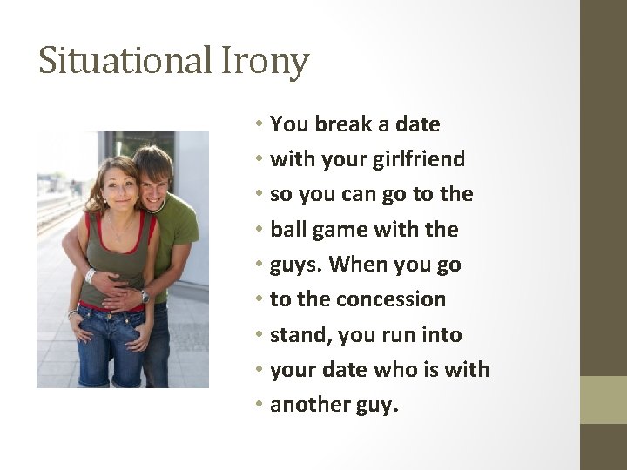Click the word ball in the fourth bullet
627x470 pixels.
click(x=287, y=230)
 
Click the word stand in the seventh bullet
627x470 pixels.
click(x=294, y=335)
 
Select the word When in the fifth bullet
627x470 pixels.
click(x=357, y=265)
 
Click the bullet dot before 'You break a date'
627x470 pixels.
click(x=260, y=124)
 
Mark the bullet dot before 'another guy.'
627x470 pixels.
click(x=260, y=405)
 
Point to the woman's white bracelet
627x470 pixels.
click(x=89, y=275)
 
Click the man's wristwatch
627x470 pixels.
click(x=145, y=297)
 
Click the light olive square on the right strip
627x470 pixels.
click(x=603, y=399)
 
